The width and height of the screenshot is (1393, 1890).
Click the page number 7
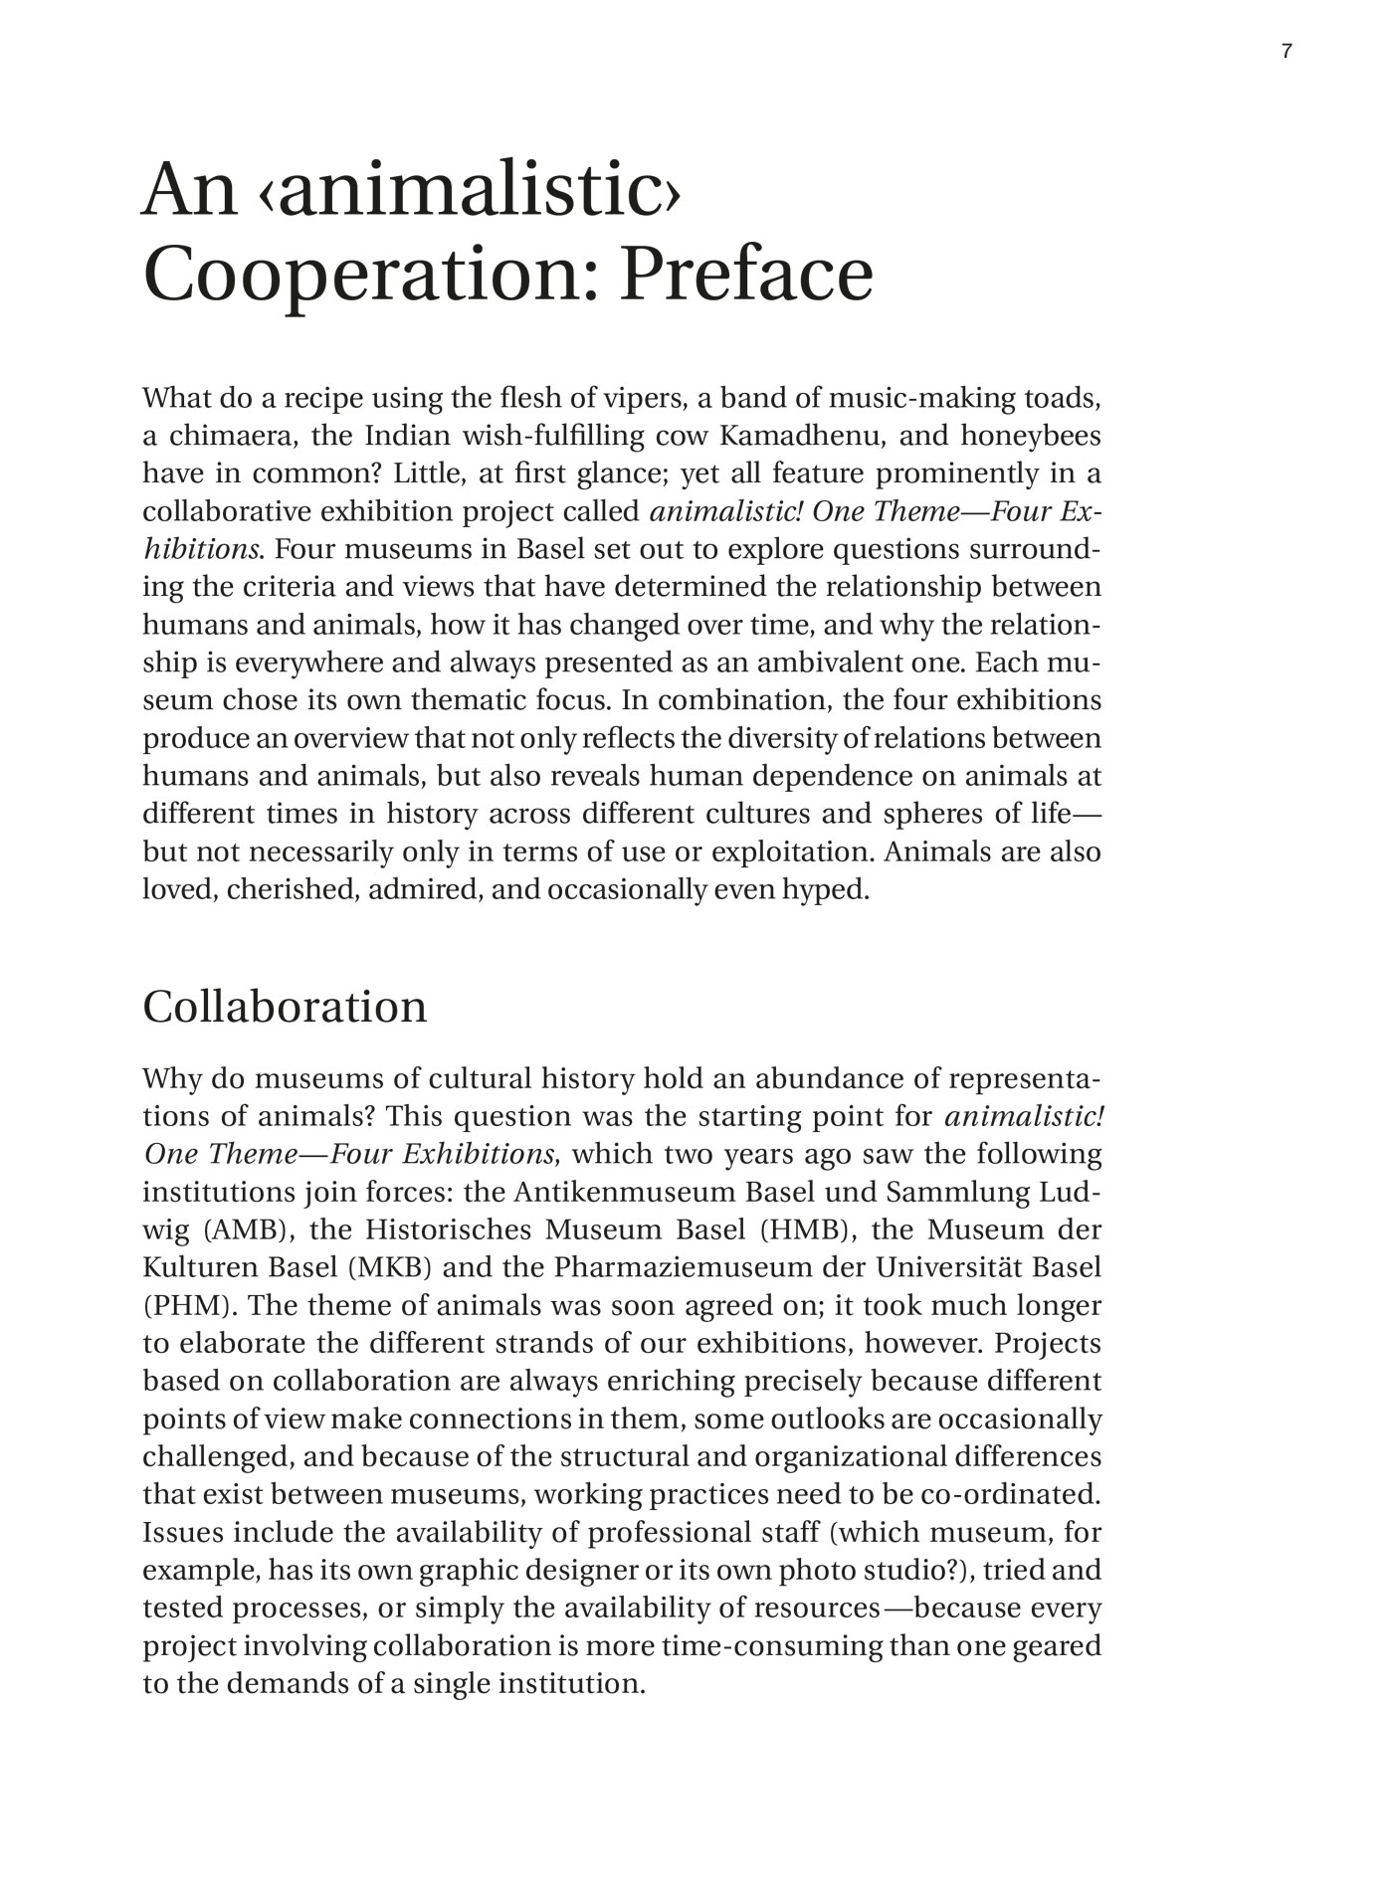click(x=1287, y=53)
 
